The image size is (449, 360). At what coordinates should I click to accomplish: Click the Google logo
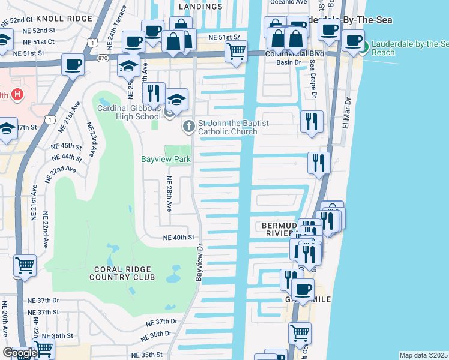[19, 353]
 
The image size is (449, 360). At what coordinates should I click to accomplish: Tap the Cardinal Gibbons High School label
[129, 112]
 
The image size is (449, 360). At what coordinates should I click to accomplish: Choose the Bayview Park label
[166, 160]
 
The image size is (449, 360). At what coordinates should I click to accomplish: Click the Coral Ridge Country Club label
[122, 274]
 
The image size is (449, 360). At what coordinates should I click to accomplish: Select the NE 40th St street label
[179, 238]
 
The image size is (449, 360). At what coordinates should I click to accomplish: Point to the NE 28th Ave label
[169, 193]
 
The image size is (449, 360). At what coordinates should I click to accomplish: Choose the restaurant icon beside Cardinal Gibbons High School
[153, 93]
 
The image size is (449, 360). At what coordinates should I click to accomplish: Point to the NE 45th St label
[66, 146]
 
